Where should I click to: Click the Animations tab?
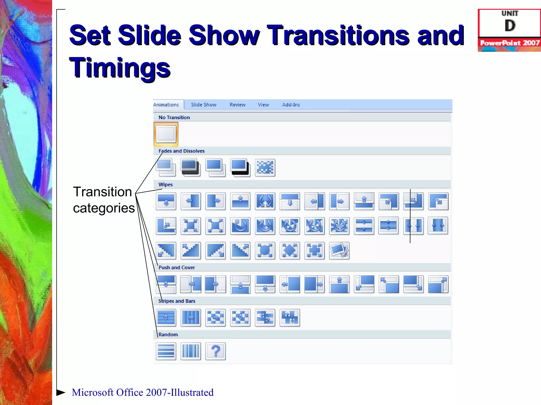point(166,105)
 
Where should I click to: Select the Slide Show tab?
point(204,105)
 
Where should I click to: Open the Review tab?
point(237,105)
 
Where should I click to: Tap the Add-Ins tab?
point(291,105)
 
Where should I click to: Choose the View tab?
point(263,105)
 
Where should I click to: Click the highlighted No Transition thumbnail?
point(166,134)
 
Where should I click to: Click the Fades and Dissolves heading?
point(181,151)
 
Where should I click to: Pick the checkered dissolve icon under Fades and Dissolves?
point(265,167)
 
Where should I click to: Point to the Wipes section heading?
point(166,185)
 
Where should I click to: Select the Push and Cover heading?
point(176,267)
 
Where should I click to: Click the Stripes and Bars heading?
point(177,301)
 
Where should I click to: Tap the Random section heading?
point(168,335)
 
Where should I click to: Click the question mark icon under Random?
point(216,351)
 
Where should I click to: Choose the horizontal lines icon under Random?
point(166,351)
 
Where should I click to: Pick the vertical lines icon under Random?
point(191,351)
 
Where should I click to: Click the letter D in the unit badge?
point(510,26)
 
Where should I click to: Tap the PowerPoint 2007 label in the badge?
point(510,43)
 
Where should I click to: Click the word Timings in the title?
point(120,68)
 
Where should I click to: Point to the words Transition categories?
point(104,200)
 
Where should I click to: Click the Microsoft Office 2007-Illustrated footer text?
point(143,392)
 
